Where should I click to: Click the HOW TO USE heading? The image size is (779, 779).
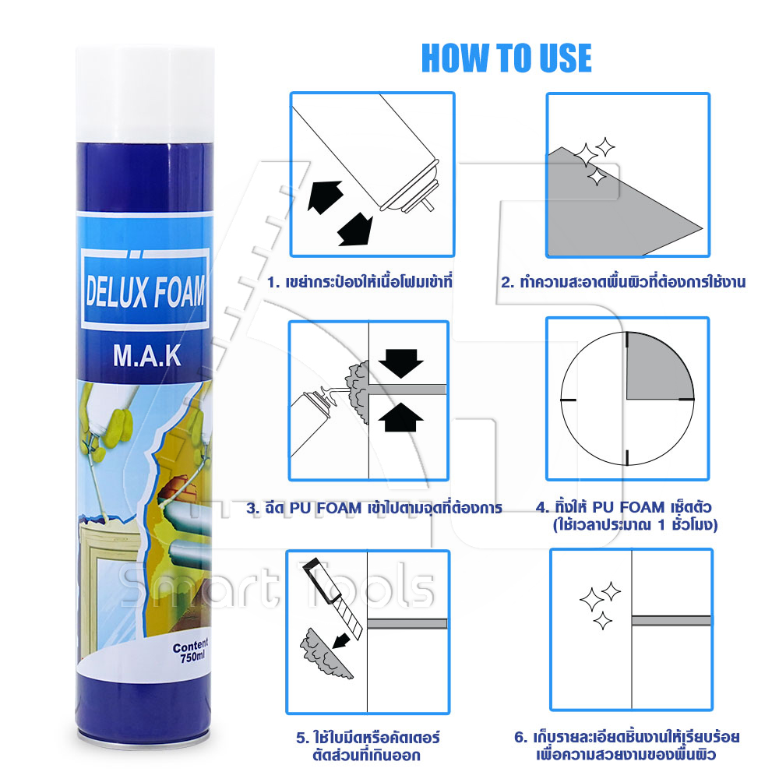coord(506,58)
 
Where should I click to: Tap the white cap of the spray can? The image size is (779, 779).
coord(145,94)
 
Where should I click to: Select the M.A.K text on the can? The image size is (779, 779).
coord(147,355)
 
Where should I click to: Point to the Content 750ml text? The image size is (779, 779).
coord(192,651)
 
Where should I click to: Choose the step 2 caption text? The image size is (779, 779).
coord(623,282)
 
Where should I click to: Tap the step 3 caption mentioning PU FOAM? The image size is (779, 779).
coord(374,508)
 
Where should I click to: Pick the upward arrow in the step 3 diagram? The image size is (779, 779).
coord(401,416)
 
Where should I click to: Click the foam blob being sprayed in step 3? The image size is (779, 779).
coord(359,392)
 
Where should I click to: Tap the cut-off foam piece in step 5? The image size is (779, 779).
coord(324,655)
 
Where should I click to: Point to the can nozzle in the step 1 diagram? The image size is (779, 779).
coord(428,203)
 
